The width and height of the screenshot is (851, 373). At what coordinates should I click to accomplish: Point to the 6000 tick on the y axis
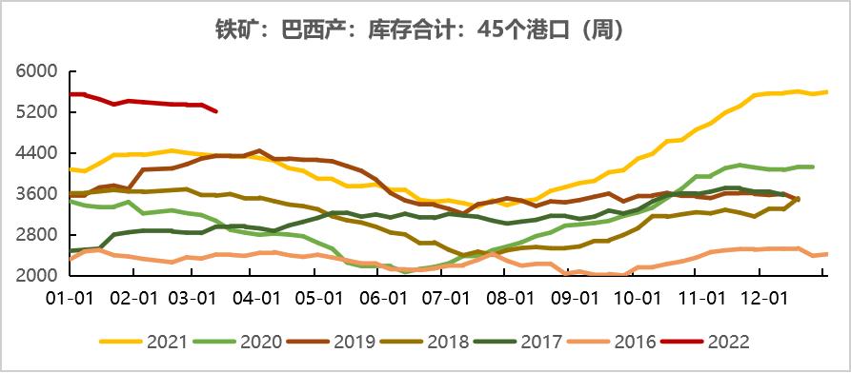coord(36,72)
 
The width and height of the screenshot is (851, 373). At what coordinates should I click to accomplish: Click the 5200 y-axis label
coord(36,113)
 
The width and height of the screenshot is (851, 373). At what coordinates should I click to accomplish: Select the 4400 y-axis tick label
coord(36,154)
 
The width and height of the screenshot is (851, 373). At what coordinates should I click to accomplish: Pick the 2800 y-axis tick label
coord(36,235)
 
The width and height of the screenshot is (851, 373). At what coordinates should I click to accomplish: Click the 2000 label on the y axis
coord(36,276)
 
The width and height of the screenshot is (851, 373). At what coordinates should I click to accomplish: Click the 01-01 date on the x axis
coord(71,298)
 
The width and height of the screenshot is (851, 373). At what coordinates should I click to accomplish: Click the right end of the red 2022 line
coord(216,111)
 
